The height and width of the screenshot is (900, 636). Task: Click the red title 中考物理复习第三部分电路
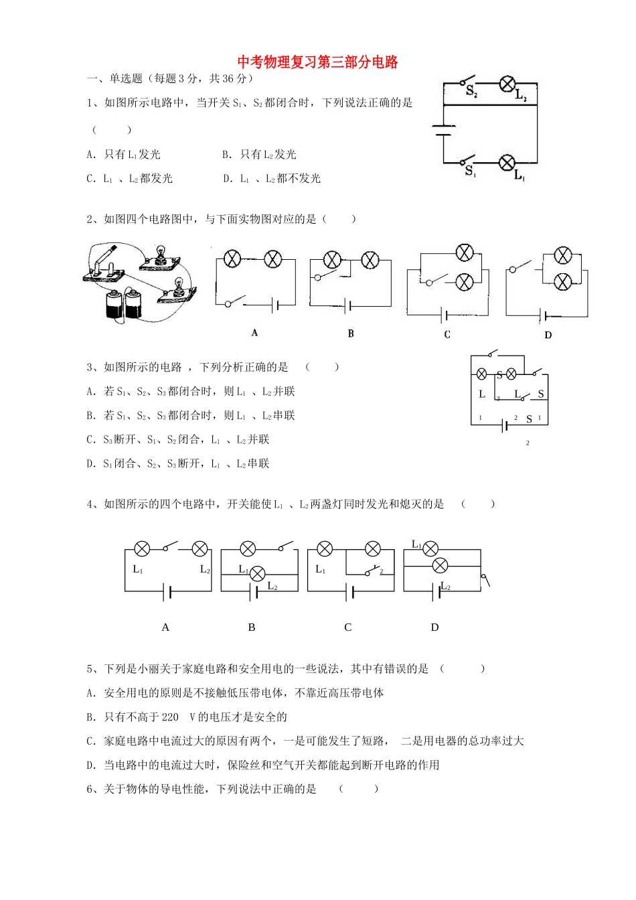pos(318,62)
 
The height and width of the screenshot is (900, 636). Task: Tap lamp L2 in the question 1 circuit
pos(507,84)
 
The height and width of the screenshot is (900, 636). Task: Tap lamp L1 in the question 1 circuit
pos(507,162)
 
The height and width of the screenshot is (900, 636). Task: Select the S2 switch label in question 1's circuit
pos(471,92)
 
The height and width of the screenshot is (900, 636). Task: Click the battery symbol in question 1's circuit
pos(443,130)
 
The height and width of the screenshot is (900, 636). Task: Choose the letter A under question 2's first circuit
pos(254,333)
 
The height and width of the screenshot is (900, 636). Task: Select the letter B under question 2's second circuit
pos(351,333)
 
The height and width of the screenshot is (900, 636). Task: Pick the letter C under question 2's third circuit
pos(447,334)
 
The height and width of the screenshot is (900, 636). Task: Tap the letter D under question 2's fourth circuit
pos(548,335)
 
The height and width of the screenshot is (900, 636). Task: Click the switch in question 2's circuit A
pos(235,302)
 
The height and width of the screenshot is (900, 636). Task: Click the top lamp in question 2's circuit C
pos(464,253)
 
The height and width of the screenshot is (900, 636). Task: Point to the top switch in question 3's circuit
pos(493,353)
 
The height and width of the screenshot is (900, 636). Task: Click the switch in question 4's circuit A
pos(170,547)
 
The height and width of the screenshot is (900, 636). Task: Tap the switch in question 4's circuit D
pos(485,580)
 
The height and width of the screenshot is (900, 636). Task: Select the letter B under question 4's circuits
pos(252,627)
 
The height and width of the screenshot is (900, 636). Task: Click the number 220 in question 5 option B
pos(170,717)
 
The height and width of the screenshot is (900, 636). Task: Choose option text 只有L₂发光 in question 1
pos(268,155)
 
